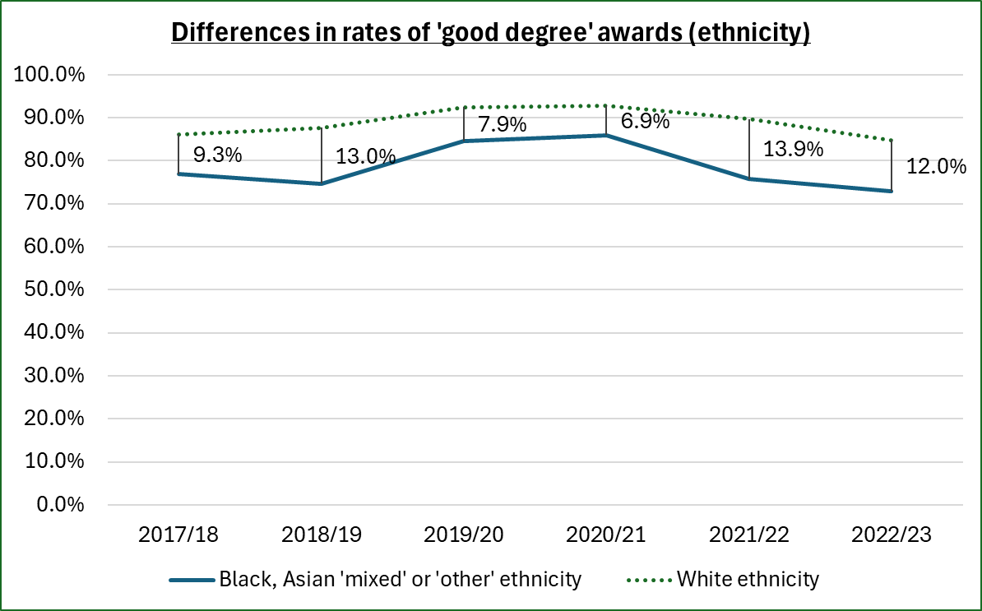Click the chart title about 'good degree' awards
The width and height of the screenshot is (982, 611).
[x=490, y=33]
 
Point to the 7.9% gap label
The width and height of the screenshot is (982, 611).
[x=502, y=125]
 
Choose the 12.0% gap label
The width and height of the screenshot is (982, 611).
[x=936, y=166]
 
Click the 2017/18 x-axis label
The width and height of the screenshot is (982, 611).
[x=178, y=535]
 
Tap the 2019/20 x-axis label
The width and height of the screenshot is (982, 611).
[x=464, y=535]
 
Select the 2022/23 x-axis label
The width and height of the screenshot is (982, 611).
[x=892, y=535]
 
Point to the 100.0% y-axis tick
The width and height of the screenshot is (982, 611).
[x=50, y=75]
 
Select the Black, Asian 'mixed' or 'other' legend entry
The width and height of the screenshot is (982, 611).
[x=400, y=579]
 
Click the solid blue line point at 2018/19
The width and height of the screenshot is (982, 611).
[x=321, y=183]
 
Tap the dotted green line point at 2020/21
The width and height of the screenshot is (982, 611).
[x=606, y=105]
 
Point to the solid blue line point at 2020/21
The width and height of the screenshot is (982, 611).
[x=606, y=135]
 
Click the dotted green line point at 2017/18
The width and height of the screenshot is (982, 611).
[x=178, y=134]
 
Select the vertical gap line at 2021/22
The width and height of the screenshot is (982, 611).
[x=749, y=149]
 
